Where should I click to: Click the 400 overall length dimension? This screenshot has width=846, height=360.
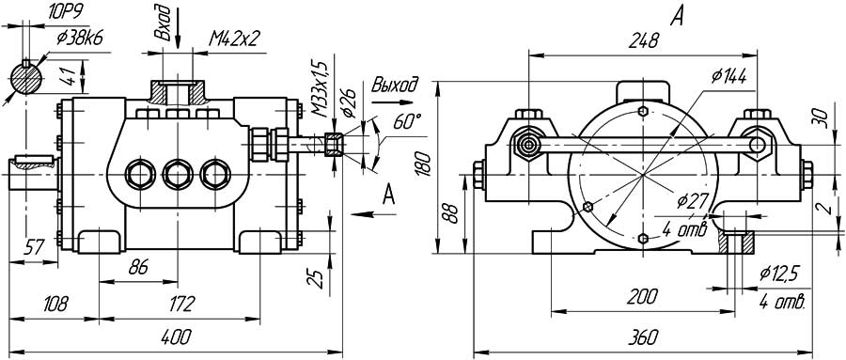coord(177,337)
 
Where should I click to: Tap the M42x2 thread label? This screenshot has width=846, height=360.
coord(235,39)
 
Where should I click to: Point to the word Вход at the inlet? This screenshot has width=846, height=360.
coord(163,23)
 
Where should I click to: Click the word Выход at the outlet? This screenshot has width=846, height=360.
coord(395,86)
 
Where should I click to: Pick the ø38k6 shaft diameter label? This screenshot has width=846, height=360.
coord(81,39)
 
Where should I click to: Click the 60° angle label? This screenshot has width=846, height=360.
coord(407,121)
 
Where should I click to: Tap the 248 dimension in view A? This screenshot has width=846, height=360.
coord(644,41)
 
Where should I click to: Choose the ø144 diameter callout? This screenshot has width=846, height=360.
coord(728,77)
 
